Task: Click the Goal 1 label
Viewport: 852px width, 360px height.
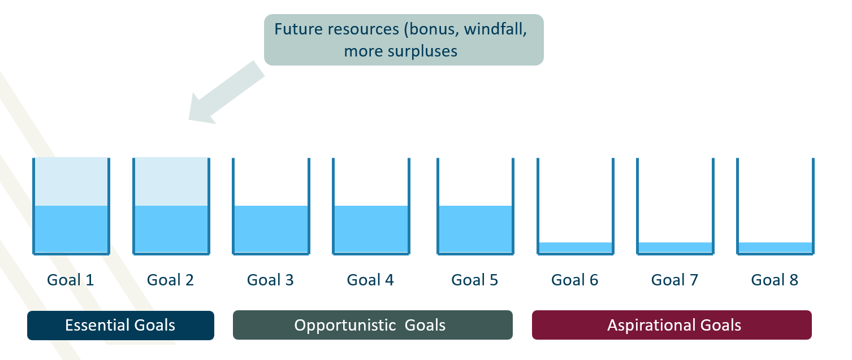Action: [x=70, y=280]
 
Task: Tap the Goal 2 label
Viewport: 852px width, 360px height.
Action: [x=170, y=280]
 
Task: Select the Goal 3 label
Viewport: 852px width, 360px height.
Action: [x=270, y=280]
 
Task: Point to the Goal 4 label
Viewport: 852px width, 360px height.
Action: [x=370, y=280]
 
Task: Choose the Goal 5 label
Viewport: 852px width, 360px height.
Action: [x=475, y=280]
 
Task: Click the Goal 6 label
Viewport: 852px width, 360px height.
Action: [x=575, y=280]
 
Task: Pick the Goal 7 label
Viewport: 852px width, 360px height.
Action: [x=674, y=280]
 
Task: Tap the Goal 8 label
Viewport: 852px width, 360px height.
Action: [x=775, y=280]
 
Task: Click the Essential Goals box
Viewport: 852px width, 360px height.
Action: [x=120, y=326]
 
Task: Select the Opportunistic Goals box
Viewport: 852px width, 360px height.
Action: [x=373, y=325]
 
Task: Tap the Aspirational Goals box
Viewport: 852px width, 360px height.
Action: [x=672, y=325]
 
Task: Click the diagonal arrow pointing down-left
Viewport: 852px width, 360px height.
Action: [x=226, y=92]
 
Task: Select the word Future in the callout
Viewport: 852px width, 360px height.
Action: [x=299, y=29]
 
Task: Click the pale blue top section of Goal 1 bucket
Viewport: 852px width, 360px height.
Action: [x=71, y=182]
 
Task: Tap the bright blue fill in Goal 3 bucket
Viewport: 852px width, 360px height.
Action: [x=271, y=229]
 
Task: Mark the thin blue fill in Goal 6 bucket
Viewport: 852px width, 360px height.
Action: [x=576, y=247]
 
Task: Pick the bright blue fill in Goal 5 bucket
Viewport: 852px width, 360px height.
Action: [x=475, y=229]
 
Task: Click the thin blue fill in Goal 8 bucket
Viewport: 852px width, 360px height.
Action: [x=775, y=247]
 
